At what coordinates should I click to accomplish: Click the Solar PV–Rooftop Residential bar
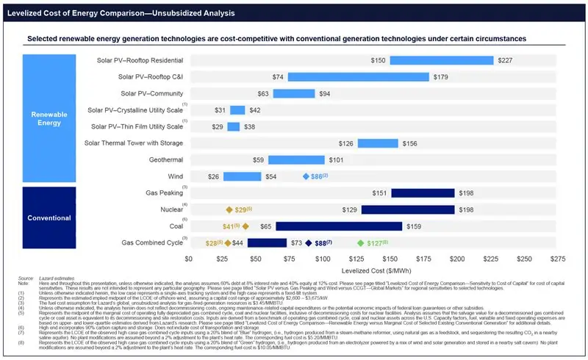[441, 60]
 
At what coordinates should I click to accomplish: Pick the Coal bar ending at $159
[339, 226]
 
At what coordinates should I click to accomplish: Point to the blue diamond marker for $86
[306, 177]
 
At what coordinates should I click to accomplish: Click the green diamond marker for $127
[359, 243]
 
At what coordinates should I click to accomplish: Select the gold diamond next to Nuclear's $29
[229, 210]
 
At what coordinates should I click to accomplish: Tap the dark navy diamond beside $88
[309, 243]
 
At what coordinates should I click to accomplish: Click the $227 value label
[506, 60]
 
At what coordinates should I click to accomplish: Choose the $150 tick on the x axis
[390, 259]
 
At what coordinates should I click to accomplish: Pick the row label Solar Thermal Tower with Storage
[134, 143]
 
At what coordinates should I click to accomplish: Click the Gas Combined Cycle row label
[153, 242]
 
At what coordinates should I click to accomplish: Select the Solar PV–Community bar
[294, 93]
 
